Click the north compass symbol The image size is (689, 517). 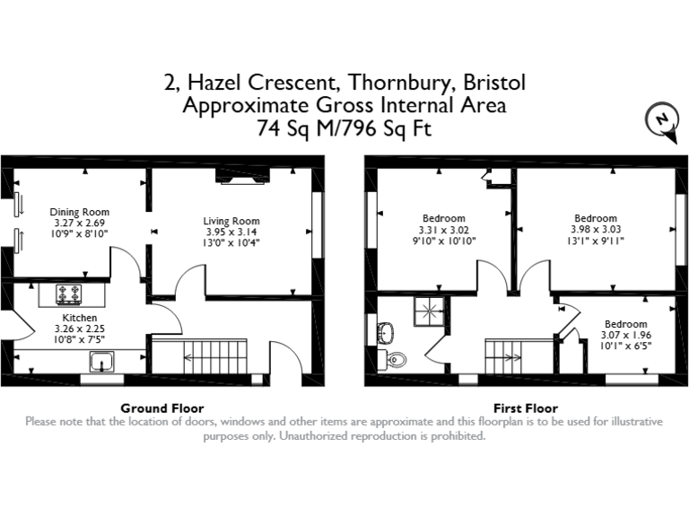pos(660,119)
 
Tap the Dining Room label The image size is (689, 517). pos(80,212)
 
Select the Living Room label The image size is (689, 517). pos(231,221)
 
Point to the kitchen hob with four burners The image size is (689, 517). pos(69,293)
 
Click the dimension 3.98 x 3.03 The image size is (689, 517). pos(596,229)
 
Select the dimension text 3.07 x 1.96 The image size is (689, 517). pos(625,335)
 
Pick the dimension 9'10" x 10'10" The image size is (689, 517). pos(444,241)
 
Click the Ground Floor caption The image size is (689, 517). pos(161,407)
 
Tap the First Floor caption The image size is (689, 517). pos(525,407)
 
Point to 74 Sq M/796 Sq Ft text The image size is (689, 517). pos(344,128)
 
